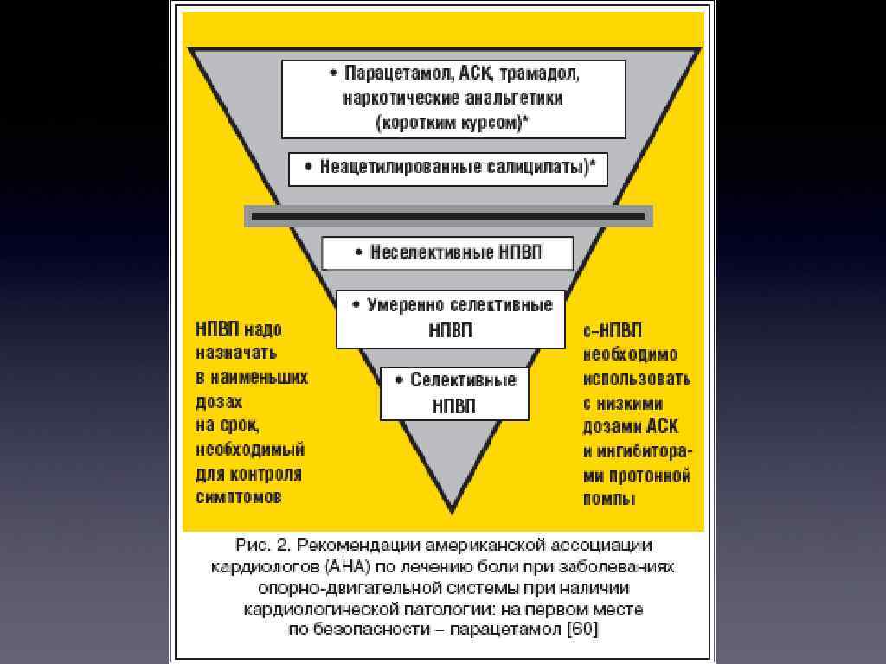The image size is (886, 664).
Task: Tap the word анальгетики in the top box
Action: pos(512,98)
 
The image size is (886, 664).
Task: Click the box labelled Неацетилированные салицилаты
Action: pos(448,168)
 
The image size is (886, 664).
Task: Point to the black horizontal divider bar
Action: pos(448,216)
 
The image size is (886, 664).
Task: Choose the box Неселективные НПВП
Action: pos(447,253)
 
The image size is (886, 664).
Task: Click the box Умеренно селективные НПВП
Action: pos(450,318)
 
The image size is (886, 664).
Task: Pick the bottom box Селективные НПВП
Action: pos(454,393)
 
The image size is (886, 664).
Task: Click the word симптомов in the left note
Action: pos(238,497)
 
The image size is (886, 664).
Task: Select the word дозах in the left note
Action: pos(219,402)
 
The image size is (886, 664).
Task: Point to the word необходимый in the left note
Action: pos(249,450)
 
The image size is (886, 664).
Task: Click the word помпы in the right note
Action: pos(609,499)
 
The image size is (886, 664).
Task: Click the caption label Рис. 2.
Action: pos(260,545)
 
